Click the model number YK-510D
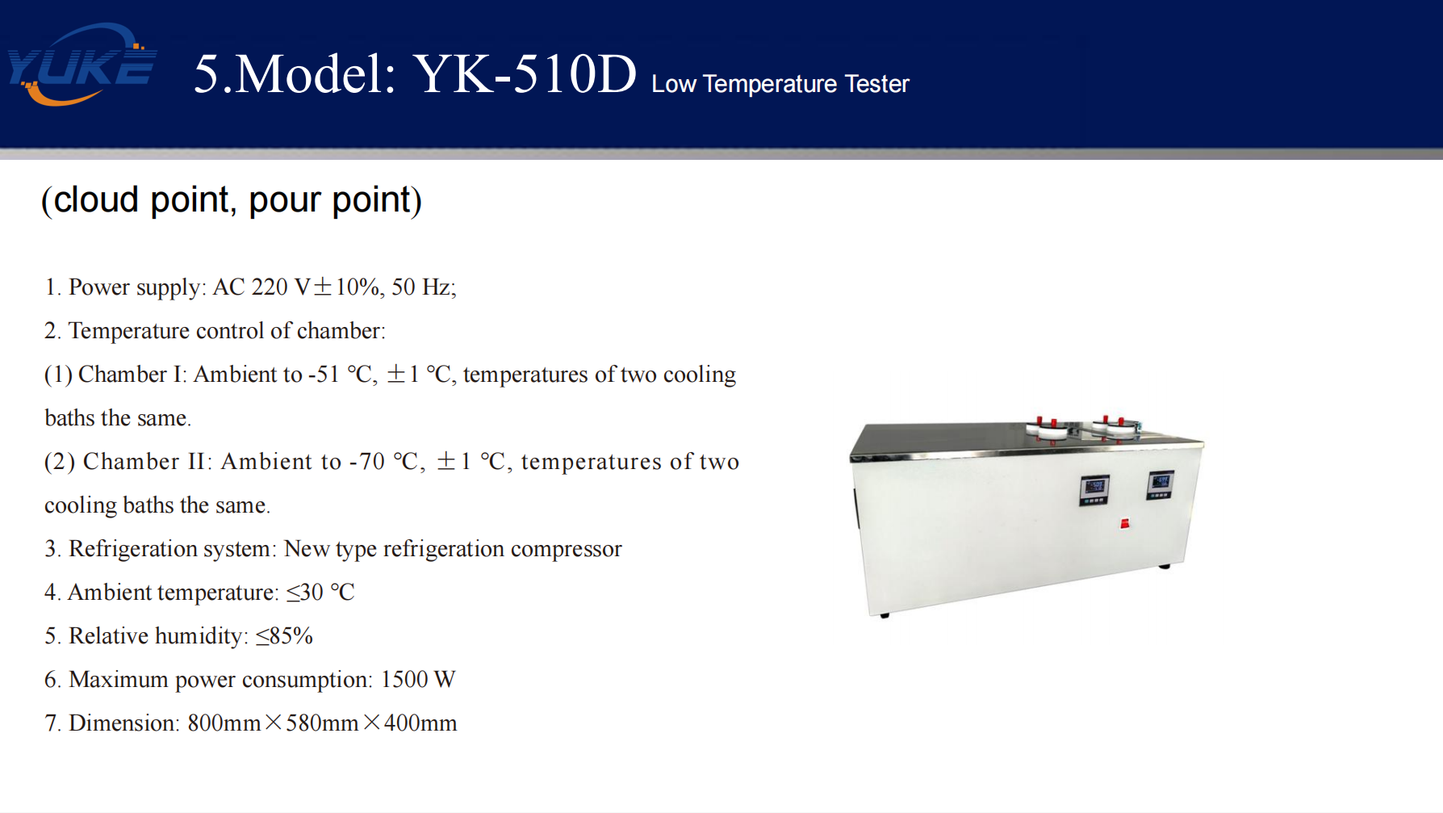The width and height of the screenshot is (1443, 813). pyautogui.click(x=525, y=74)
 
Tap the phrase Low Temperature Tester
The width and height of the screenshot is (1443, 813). pyautogui.click(x=780, y=84)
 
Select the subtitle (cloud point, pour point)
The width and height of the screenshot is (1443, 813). pyautogui.click(x=232, y=199)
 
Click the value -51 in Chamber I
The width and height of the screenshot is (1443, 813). pyautogui.click(x=324, y=375)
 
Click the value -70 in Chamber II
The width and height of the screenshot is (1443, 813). pyautogui.click(x=366, y=462)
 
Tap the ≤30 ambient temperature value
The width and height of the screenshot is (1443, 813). pyautogui.click(x=305, y=593)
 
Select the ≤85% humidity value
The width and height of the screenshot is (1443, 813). pyautogui.click(x=284, y=636)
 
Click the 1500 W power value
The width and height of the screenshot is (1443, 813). pyautogui.click(x=418, y=680)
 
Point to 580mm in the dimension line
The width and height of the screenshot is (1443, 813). pyautogui.click(x=322, y=723)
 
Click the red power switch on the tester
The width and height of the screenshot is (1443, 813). pyautogui.click(x=1124, y=524)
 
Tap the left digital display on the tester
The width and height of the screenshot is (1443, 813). pyautogui.click(x=1094, y=490)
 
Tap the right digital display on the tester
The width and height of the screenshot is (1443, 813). pyautogui.click(x=1161, y=485)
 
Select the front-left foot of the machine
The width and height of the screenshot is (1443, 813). pyautogui.click(x=885, y=616)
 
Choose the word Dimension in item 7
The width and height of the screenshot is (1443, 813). pyautogui.click(x=122, y=723)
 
